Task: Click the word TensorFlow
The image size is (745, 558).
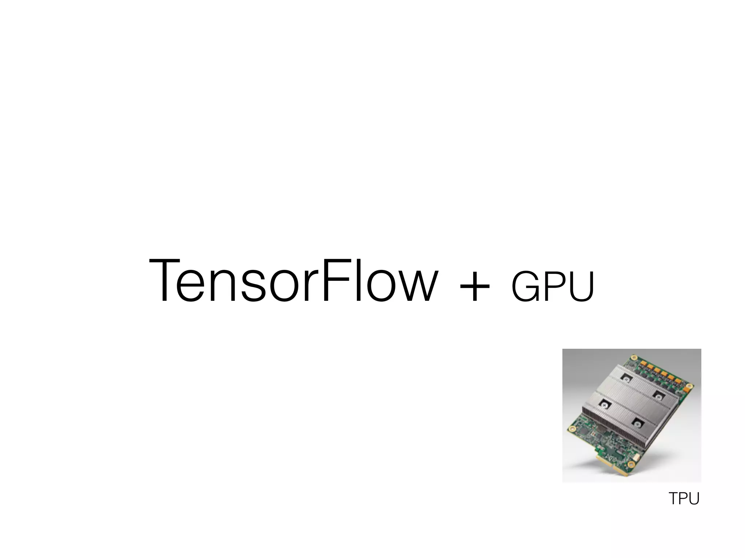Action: point(293,280)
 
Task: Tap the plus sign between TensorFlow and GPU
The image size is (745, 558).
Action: point(474,287)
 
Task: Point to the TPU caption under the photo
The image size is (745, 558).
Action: point(684,498)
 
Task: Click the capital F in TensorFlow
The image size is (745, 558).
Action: point(335,280)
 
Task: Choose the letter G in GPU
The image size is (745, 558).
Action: point(525,287)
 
